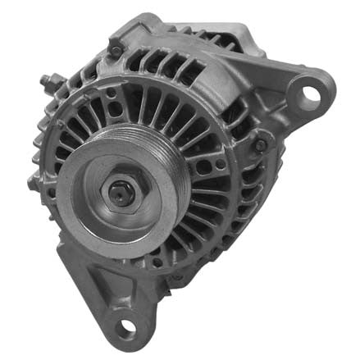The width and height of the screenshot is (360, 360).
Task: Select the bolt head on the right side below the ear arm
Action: click(261, 145)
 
